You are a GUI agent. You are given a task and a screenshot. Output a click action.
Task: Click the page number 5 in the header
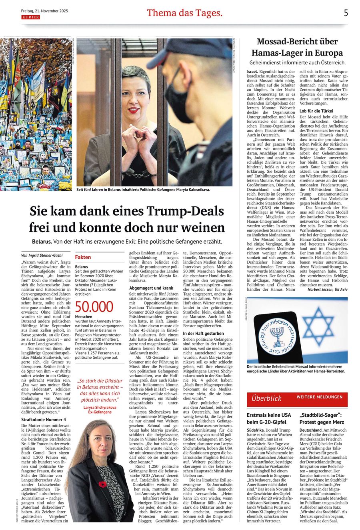click(346, 13)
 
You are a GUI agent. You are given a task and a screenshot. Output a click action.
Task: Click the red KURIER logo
click(30, 17)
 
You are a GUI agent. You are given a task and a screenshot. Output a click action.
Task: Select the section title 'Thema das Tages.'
click(184, 13)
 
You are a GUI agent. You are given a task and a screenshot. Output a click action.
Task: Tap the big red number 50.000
click(94, 307)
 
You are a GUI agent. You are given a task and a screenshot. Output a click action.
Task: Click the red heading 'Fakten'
click(83, 257)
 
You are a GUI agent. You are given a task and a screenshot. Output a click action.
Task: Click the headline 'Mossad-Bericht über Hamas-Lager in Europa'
click(297, 47)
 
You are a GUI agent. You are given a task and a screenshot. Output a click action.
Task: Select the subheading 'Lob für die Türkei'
click(316, 111)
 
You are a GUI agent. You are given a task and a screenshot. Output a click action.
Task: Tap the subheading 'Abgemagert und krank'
click(151, 288)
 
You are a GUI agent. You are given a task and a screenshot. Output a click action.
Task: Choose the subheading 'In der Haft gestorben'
click(204, 333)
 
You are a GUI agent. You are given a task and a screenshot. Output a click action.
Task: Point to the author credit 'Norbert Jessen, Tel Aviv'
click(328, 289)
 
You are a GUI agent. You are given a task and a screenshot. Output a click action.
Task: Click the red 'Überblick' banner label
click(266, 398)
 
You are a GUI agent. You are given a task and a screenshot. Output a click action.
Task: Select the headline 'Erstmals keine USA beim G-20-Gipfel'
click(269, 418)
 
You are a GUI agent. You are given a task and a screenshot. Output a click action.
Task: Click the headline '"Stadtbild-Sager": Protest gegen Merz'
click(322, 418)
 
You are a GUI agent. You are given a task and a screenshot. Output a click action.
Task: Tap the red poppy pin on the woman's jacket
click(102, 484)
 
